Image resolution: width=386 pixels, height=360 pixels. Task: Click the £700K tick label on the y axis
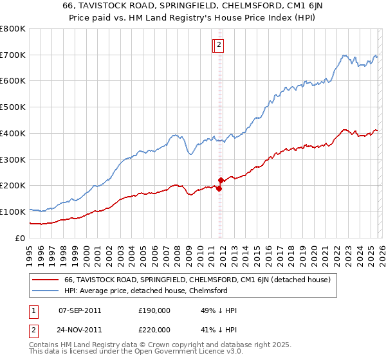pos(13,55)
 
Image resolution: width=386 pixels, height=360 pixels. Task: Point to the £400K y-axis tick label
pos(13,133)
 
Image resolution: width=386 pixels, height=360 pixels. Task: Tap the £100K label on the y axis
pos(13,212)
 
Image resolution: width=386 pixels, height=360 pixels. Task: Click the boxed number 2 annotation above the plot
pos(219,45)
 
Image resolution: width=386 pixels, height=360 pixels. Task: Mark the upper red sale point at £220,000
pos(221,180)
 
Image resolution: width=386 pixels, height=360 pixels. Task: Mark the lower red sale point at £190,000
pos(219,188)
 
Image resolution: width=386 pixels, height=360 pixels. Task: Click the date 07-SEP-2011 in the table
pos(79,310)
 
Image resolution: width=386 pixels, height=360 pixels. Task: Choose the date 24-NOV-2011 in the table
pos(79,330)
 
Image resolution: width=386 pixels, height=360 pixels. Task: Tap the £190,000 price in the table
pos(154,310)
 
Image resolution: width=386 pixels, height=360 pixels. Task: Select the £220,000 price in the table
pos(154,330)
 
